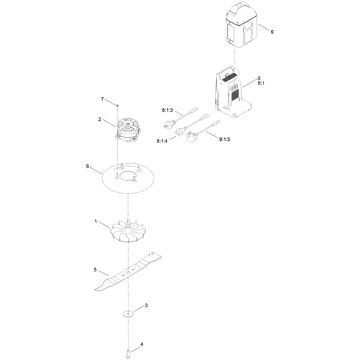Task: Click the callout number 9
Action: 272,32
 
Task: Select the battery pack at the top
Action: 241,24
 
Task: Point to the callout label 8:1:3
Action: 167,110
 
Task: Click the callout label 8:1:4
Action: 162,141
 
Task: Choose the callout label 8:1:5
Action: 224,139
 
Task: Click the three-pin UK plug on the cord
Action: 190,137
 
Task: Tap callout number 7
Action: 102,99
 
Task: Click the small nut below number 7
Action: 117,105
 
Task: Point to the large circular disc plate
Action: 128,178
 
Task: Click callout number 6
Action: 87,166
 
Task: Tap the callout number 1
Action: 96,222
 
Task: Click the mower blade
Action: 128,272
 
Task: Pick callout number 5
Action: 95,269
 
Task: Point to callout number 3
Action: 147,305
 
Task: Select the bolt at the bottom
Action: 128,354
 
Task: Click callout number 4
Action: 141,344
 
